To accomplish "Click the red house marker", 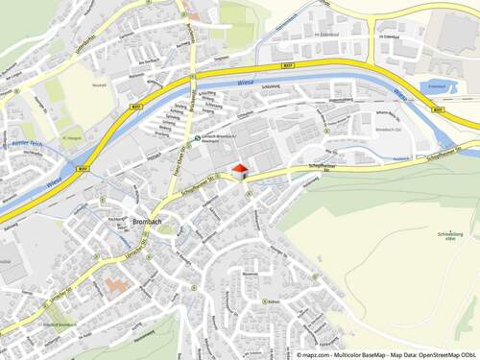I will point(238,170).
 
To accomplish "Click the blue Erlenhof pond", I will point(437,88).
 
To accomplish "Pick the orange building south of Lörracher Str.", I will point(115,286).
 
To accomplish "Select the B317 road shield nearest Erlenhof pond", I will point(438,110).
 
